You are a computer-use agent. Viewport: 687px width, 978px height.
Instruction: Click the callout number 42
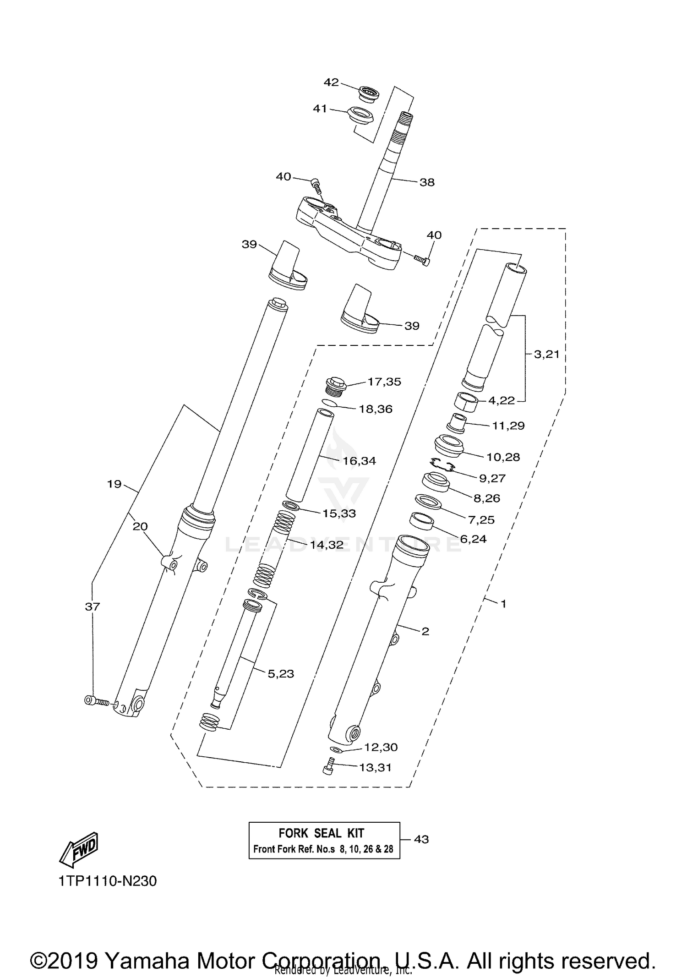pyautogui.click(x=331, y=82)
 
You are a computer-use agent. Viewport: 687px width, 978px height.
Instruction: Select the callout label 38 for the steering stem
pyautogui.click(x=427, y=182)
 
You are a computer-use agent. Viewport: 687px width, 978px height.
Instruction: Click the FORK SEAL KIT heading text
pyautogui.click(x=321, y=833)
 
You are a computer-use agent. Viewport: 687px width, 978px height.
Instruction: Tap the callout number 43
pyautogui.click(x=421, y=839)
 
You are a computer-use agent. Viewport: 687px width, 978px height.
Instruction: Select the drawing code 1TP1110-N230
pyautogui.click(x=108, y=881)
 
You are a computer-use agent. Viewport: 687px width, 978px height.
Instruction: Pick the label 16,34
pyautogui.click(x=359, y=461)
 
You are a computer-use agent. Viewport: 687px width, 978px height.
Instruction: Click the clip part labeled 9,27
pyautogui.click(x=442, y=465)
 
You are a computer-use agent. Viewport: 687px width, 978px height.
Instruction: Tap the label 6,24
pyautogui.click(x=473, y=539)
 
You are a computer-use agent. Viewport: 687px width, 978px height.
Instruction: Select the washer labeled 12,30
pyautogui.click(x=337, y=750)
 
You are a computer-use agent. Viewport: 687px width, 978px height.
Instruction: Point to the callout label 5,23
pyautogui.click(x=281, y=674)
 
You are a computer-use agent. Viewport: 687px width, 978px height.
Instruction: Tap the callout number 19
pyautogui.click(x=114, y=484)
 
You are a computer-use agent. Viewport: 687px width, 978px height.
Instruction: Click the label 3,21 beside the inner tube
pyautogui.click(x=547, y=355)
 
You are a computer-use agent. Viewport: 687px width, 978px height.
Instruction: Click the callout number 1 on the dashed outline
pyautogui.click(x=503, y=604)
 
